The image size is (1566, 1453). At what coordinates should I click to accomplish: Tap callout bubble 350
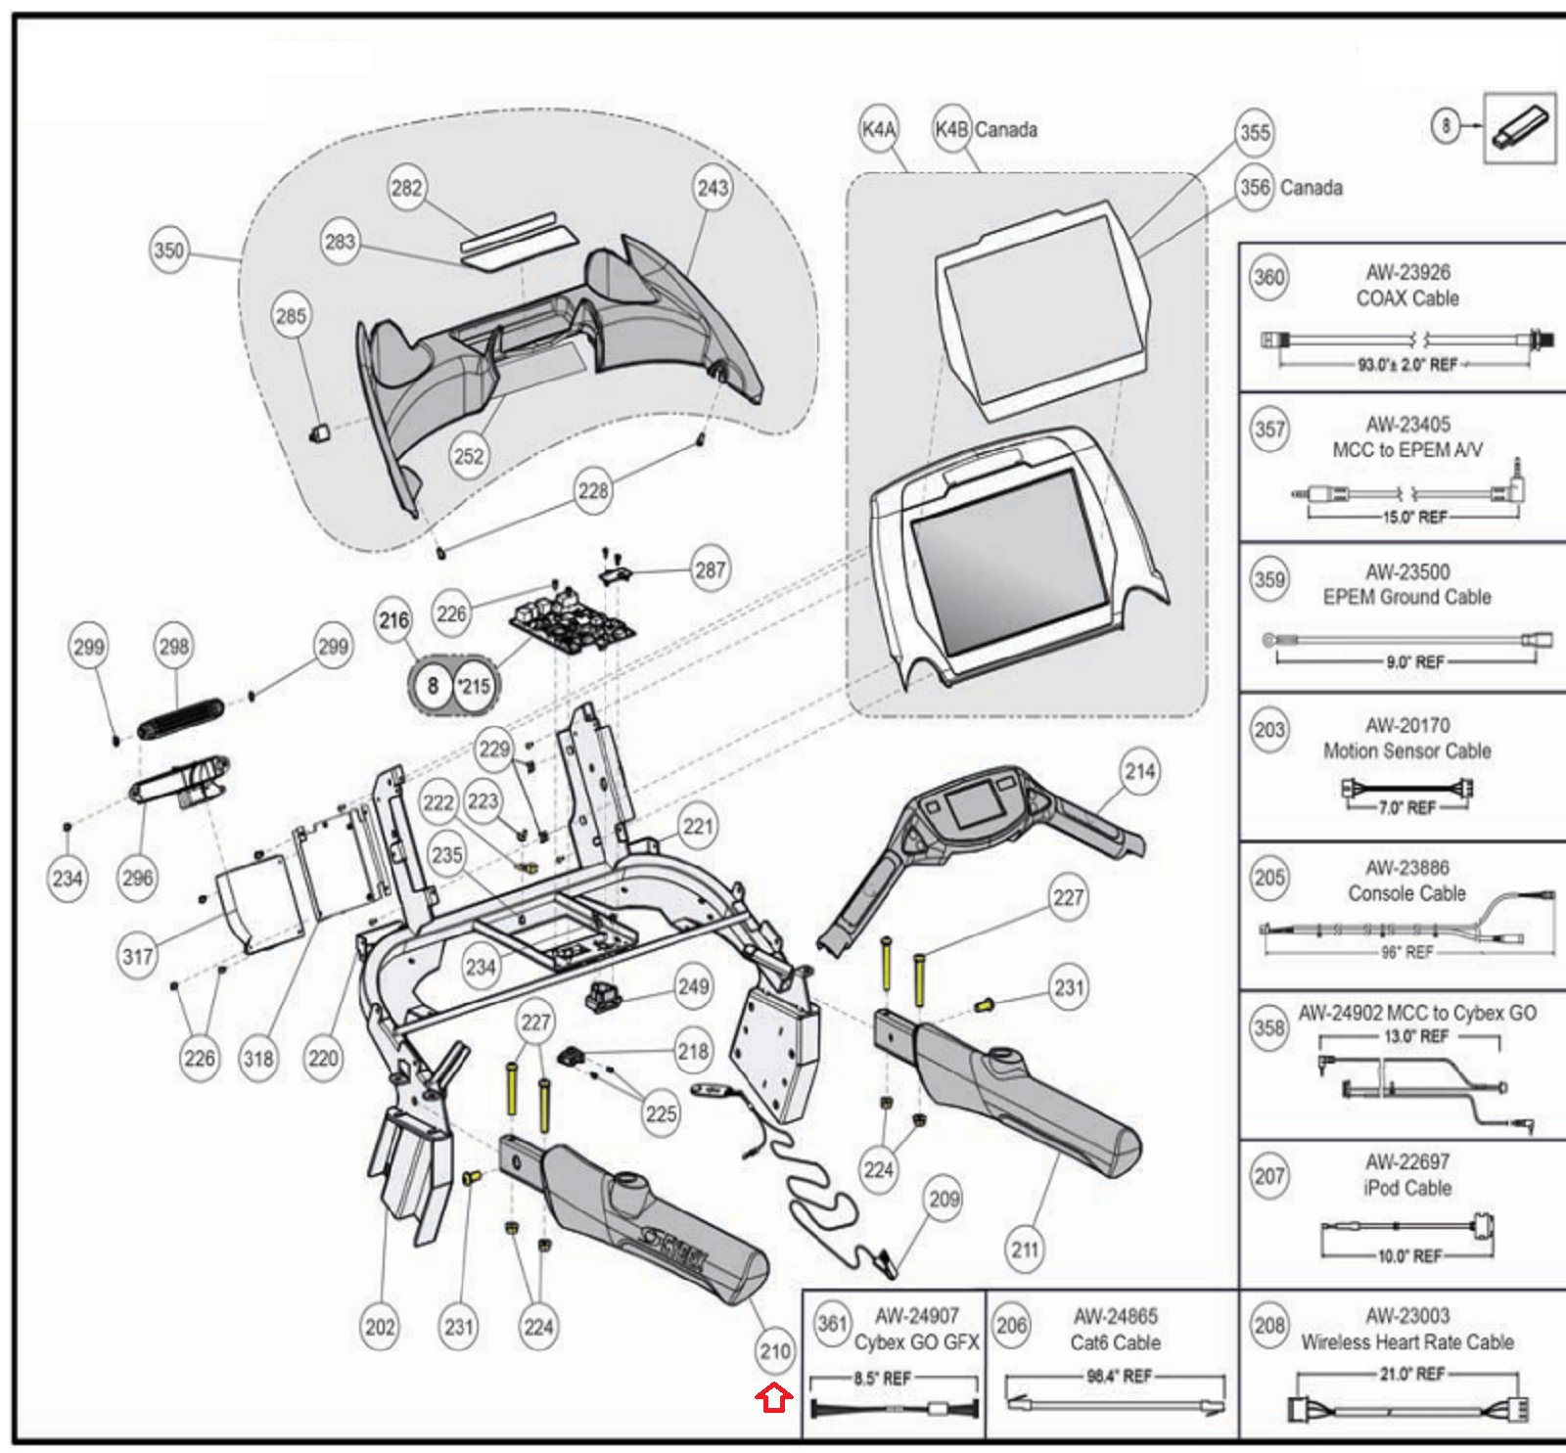[168, 250]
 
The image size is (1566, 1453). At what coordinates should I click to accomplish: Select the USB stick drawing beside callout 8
[1518, 128]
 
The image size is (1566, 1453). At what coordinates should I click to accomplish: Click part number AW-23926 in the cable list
[1407, 272]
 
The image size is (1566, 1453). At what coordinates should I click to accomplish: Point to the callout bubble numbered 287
[710, 569]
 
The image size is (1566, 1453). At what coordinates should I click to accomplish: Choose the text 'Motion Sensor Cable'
[1406, 750]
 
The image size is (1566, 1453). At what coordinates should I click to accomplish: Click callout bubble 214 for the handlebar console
[1139, 772]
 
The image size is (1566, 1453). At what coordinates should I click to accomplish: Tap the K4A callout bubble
[878, 129]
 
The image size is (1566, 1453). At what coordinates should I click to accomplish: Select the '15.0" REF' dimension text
[1414, 517]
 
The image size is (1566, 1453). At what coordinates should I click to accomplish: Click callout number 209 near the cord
[944, 1200]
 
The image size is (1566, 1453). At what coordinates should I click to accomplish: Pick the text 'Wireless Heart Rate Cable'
[1406, 1341]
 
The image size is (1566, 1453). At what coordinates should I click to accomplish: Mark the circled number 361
[832, 1324]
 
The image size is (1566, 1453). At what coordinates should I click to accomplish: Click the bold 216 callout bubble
[393, 620]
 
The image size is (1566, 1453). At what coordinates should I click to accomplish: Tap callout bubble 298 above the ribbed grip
[174, 647]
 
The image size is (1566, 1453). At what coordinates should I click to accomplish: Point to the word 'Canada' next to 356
[1311, 187]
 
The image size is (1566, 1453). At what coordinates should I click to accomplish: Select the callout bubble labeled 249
[693, 986]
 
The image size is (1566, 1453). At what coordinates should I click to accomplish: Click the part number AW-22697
[1407, 1161]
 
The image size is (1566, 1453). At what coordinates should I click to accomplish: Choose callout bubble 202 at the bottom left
[380, 1328]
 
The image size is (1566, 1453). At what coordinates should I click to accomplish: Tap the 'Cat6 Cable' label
[1115, 1342]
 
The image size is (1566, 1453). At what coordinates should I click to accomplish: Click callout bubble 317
[137, 955]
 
